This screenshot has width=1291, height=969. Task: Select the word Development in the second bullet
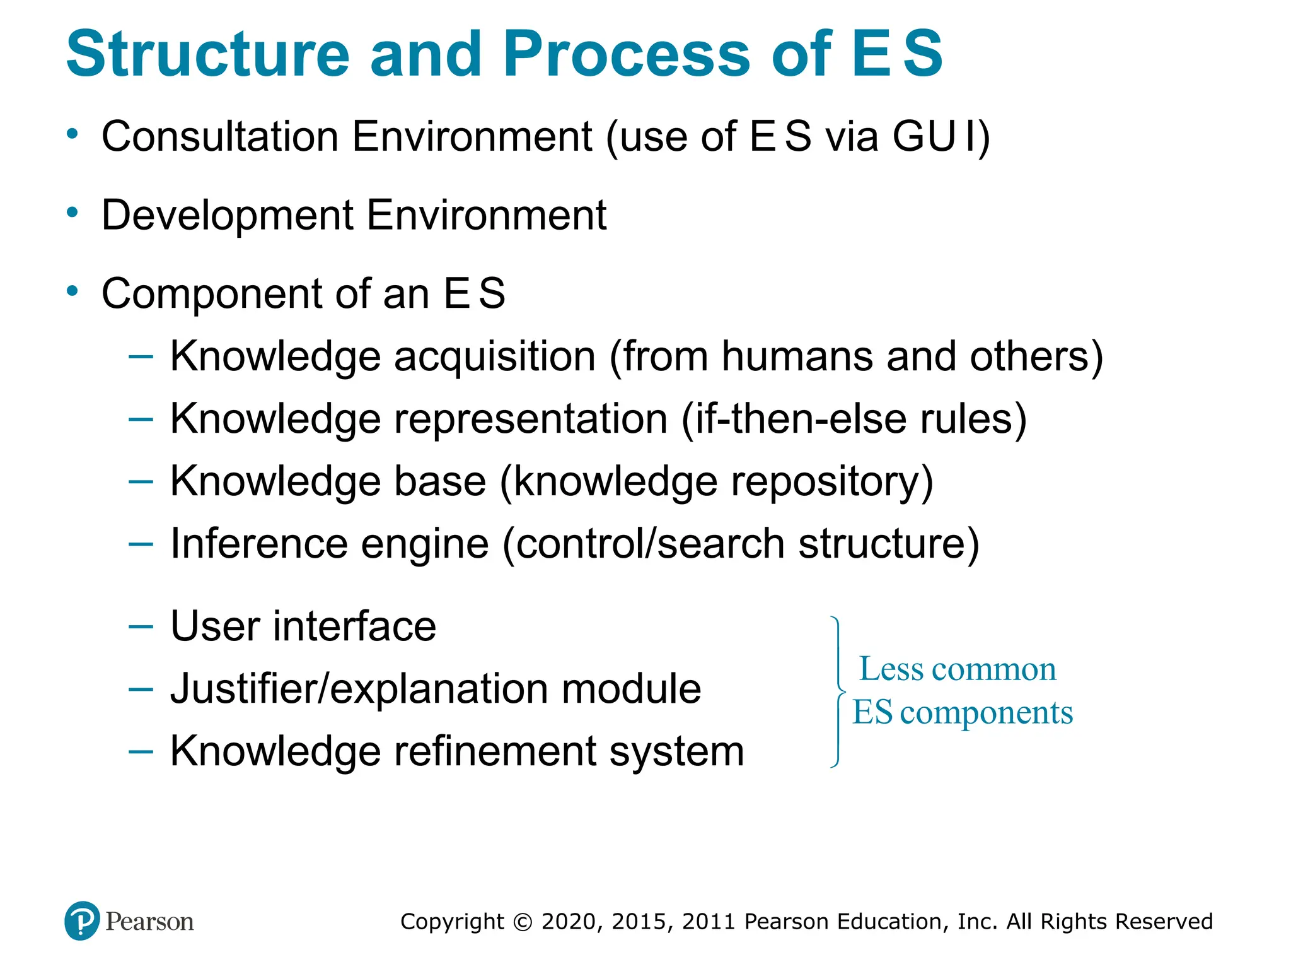click(x=228, y=215)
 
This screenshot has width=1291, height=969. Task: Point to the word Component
click(x=212, y=294)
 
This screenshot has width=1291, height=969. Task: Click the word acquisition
click(x=495, y=356)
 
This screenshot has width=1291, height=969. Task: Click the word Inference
click(x=259, y=544)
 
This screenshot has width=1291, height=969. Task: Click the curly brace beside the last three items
click(x=838, y=691)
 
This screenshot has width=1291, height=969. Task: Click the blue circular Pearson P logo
click(x=82, y=921)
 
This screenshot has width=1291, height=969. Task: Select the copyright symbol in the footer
click(x=523, y=922)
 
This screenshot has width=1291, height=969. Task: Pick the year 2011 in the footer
click(x=709, y=922)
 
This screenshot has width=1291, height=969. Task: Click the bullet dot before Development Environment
click(x=72, y=213)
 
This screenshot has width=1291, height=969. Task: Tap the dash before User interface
click(x=141, y=626)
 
